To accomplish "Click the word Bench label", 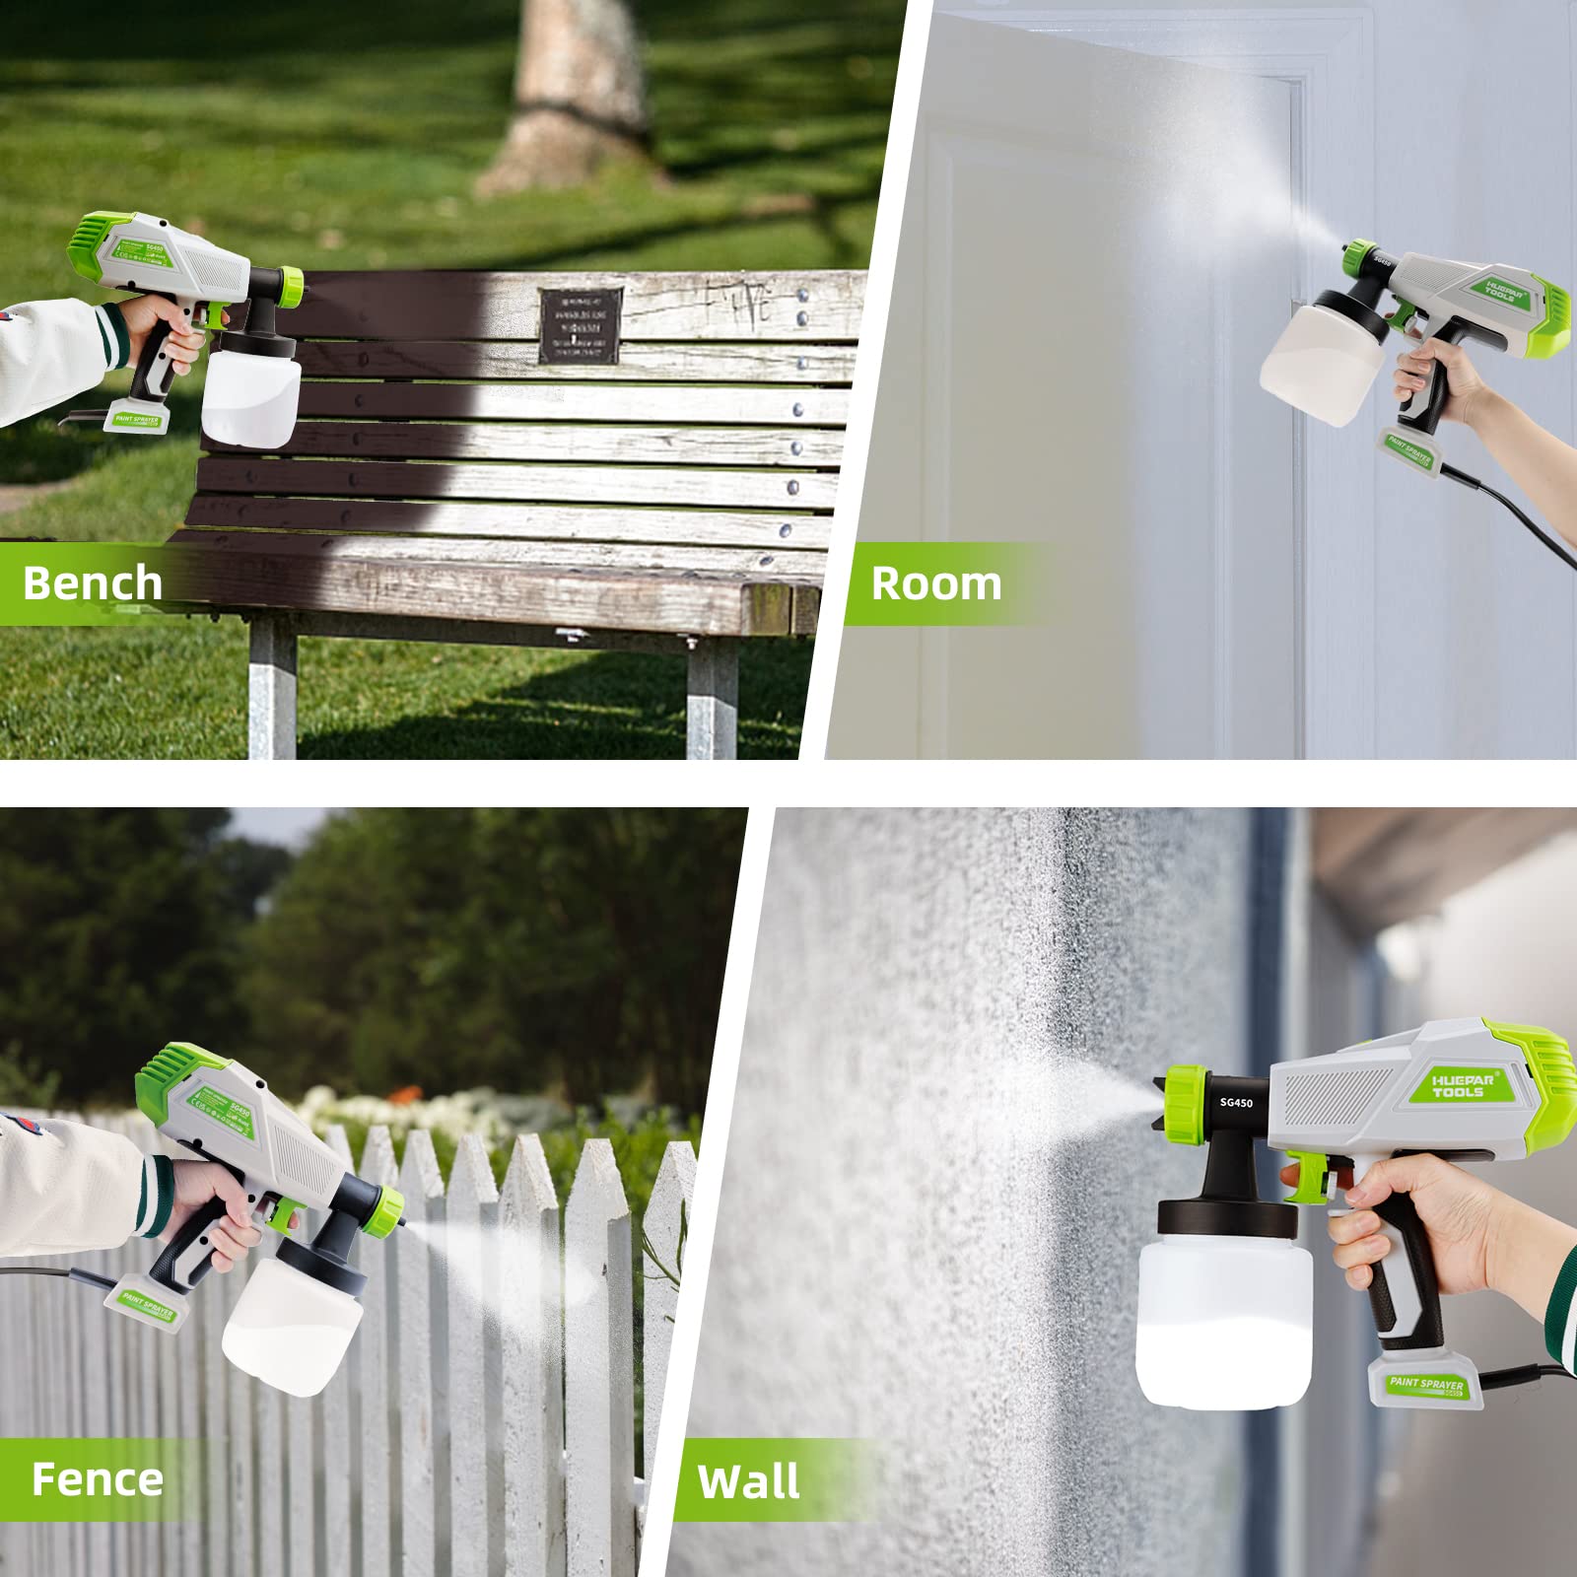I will point(93,583).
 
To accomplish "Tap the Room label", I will point(935,583).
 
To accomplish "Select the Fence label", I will point(97,1479).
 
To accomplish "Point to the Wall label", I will point(749,1482).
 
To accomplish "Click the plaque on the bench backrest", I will point(582,324).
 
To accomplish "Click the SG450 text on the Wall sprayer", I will point(1236,1102).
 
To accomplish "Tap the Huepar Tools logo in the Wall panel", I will point(1464,1085).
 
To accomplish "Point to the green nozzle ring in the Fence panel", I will point(388,1209).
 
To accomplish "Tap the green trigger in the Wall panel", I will point(1314,1178).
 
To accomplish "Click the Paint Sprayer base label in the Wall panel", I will point(1426,1385).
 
